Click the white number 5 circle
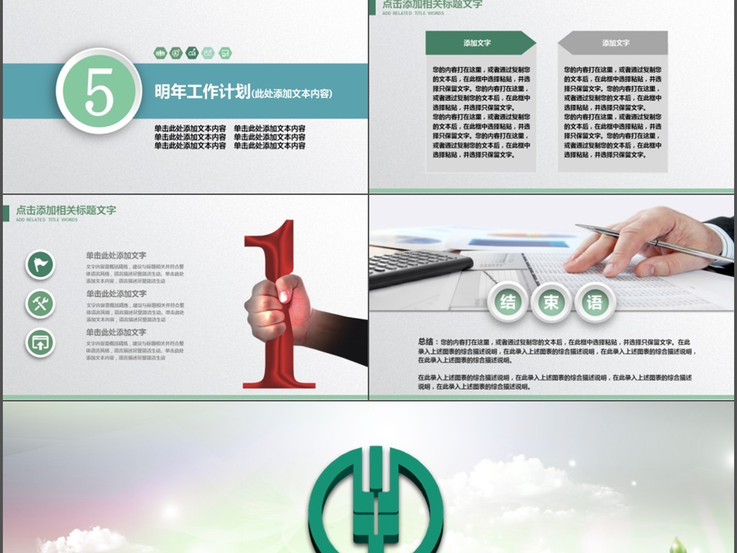[x=99, y=91]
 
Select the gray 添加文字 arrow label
[x=614, y=43]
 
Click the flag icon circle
[x=40, y=264]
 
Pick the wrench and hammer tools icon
[x=40, y=303]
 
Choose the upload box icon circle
[x=40, y=342]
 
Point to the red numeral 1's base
[x=279, y=379]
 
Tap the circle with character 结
[x=508, y=302]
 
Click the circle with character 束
[x=551, y=302]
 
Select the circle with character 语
[x=594, y=302]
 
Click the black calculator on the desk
[x=417, y=266]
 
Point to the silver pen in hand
[x=648, y=241]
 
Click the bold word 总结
[x=425, y=342]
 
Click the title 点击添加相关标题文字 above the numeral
[x=65, y=210]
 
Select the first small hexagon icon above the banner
[x=160, y=53]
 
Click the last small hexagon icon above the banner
[x=225, y=53]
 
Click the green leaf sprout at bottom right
[x=677, y=544]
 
